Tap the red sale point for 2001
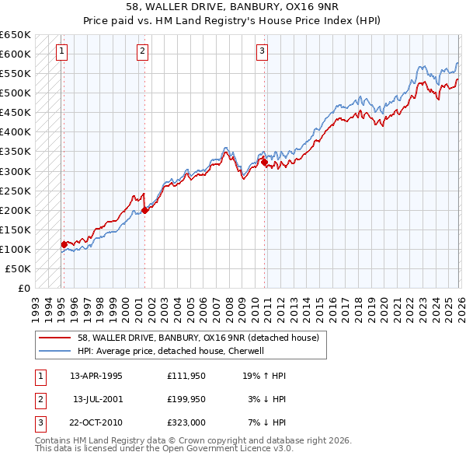(145, 209)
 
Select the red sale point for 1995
(64, 244)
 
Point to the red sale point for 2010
(265, 162)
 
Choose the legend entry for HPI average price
(171, 351)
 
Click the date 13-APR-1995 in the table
(96, 376)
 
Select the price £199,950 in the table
(186, 399)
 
